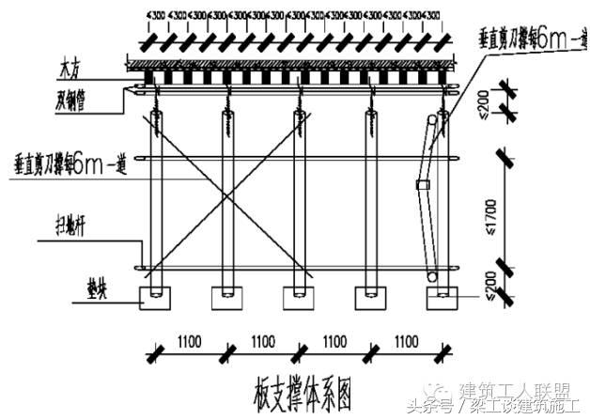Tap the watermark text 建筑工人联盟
click(519, 389)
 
